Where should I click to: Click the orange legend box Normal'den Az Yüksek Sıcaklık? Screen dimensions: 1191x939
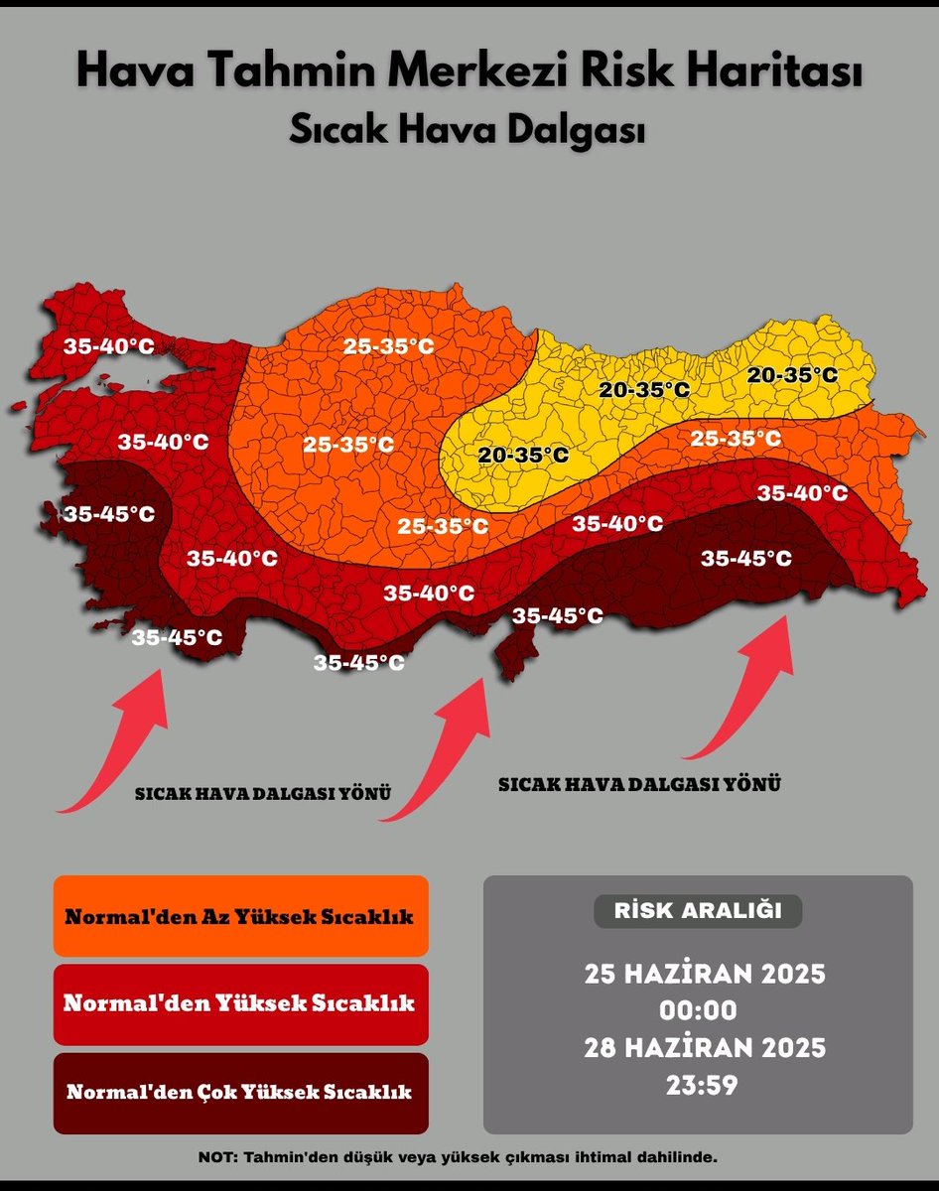click(x=240, y=915)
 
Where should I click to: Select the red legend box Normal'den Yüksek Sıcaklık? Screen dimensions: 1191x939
click(x=240, y=1003)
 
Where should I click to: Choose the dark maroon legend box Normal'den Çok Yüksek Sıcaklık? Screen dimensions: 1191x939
click(x=240, y=1093)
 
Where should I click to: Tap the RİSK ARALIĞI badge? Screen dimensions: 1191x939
click(x=697, y=910)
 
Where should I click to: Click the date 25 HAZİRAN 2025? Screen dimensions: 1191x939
click(x=705, y=973)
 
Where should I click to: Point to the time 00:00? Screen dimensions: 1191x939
click(x=699, y=1010)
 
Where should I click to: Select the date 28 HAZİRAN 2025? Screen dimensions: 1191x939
click(x=705, y=1047)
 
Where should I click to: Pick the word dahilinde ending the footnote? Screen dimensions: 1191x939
click(x=675, y=1156)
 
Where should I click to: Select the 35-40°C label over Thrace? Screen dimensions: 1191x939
click(x=109, y=346)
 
